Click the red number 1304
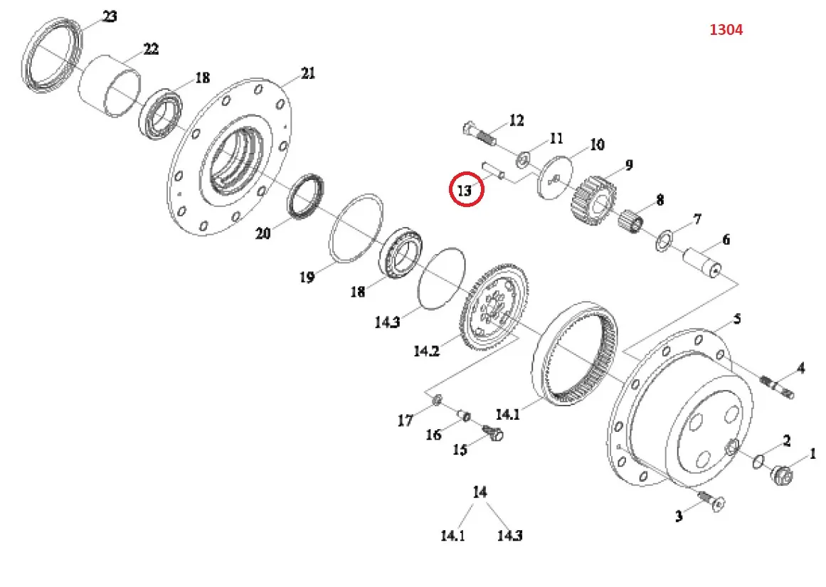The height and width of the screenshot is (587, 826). tap(726, 30)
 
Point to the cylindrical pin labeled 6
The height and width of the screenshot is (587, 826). tap(704, 263)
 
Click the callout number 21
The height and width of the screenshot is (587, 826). tap(307, 73)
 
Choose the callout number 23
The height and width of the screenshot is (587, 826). tap(110, 16)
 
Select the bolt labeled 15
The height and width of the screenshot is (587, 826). tap(492, 432)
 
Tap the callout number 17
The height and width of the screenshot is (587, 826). tap(405, 421)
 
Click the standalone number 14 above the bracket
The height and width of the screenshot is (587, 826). tap(480, 492)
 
